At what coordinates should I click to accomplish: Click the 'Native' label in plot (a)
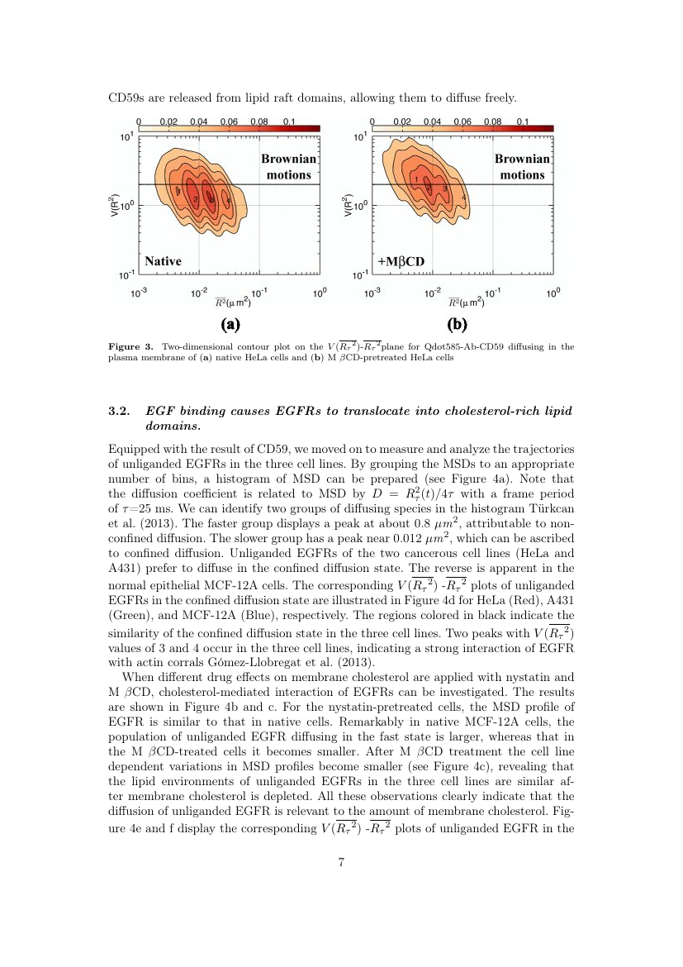(x=163, y=261)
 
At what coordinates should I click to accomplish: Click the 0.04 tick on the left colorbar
(x=198, y=121)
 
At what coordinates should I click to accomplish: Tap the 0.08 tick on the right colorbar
(x=493, y=121)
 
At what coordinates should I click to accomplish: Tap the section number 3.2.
(x=121, y=411)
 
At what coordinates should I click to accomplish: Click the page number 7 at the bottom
(x=341, y=863)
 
